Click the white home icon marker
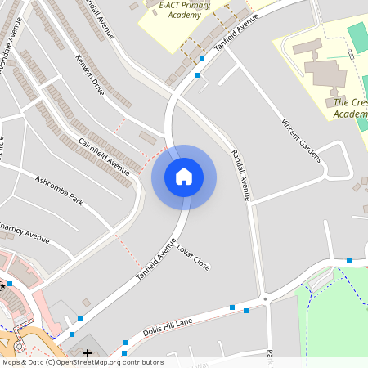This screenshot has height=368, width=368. (x=184, y=177)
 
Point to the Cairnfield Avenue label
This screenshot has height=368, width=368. (x=104, y=155)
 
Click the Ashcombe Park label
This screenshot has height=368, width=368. (x=59, y=190)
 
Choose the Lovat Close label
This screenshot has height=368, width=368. (x=193, y=256)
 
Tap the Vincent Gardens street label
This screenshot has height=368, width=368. (x=301, y=140)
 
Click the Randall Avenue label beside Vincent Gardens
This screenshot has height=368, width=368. (x=239, y=175)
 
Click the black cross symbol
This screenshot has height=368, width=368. (x=88, y=352)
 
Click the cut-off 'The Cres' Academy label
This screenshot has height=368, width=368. (x=350, y=108)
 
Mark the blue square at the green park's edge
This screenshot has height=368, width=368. (x=350, y=258)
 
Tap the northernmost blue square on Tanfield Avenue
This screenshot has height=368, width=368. (x=202, y=58)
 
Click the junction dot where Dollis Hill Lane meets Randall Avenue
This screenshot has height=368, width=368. (x=265, y=300)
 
